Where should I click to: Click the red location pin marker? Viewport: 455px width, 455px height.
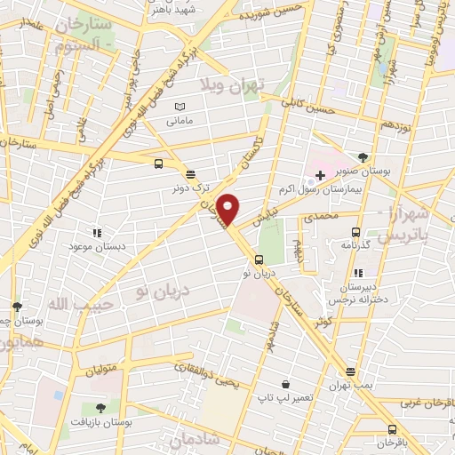point(228,209)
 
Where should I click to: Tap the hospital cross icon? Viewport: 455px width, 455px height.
point(320,176)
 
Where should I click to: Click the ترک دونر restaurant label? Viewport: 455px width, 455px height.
point(193,188)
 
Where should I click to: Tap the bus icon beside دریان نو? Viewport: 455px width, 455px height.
point(258,260)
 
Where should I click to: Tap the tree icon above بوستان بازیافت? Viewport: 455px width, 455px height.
point(100,409)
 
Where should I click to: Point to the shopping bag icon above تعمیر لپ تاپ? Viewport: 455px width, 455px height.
point(285,384)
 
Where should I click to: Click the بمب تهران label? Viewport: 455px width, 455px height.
point(350,386)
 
